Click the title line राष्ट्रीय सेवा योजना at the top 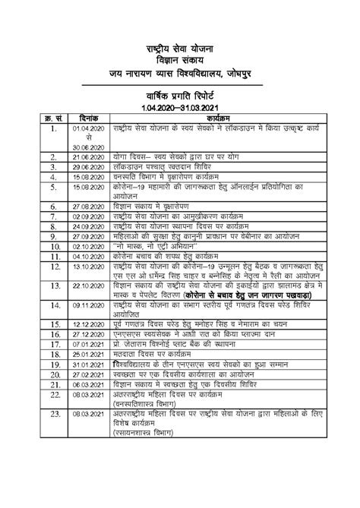(181, 49)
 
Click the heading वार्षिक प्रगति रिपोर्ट (181, 98)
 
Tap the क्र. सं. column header (50, 120)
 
